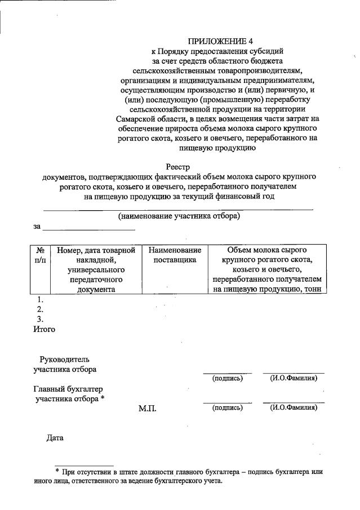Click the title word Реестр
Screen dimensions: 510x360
coord(179,167)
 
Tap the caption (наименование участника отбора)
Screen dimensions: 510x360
coord(179,216)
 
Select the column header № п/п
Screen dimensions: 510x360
coord(40,255)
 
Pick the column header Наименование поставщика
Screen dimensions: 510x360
coord(175,255)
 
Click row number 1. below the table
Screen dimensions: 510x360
coord(40,300)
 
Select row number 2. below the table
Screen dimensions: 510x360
coord(40,309)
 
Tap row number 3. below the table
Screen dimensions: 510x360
coord(40,319)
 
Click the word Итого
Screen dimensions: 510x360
coord(44,329)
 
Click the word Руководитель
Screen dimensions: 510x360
coord(64,360)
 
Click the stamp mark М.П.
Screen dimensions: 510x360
coord(147,408)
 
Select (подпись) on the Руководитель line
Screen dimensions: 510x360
coord(227,378)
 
